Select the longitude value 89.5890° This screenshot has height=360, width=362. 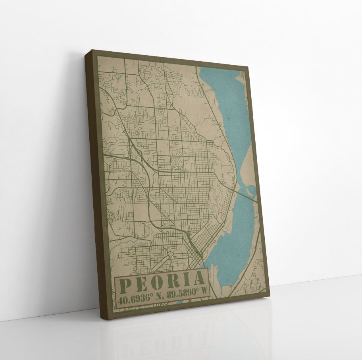[182, 293]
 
